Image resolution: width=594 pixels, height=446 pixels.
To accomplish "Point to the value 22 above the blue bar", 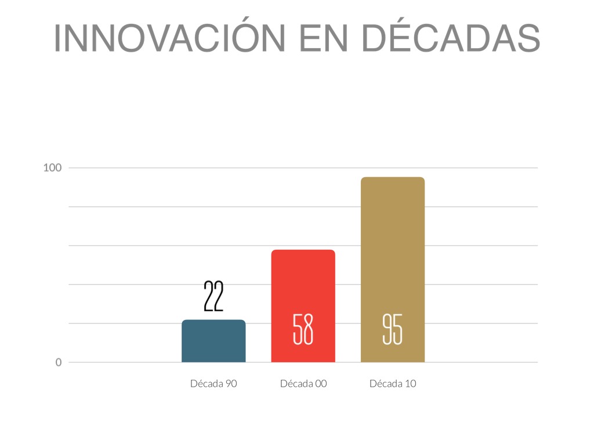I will point(213,297).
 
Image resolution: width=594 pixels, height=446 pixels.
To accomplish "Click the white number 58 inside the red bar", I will point(303,329).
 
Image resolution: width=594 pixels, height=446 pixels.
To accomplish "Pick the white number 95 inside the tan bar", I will point(393,329).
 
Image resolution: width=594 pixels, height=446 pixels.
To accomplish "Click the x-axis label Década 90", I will point(213,384).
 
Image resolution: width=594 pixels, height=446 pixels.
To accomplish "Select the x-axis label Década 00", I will point(303,384).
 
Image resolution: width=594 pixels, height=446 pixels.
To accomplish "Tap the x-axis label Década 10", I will point(393,384).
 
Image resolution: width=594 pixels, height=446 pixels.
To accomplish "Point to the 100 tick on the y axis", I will point(52,168).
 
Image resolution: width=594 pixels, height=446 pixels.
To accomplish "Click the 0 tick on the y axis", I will point(59,362).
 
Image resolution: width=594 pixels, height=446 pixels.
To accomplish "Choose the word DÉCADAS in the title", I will point(451,38).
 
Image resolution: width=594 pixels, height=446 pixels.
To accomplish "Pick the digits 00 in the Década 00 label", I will point(320,384).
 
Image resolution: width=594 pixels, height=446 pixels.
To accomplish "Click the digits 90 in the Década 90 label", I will point(230,384).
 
